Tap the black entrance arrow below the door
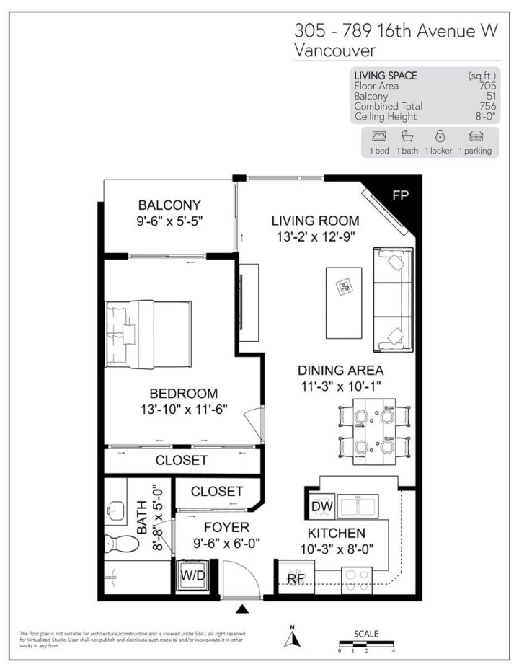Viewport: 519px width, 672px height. pos(243,609)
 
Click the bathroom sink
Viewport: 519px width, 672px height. pos(115,508)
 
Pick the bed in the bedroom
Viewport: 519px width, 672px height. pos(148,334)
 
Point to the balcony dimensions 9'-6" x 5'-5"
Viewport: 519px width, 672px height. pos(170,221)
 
